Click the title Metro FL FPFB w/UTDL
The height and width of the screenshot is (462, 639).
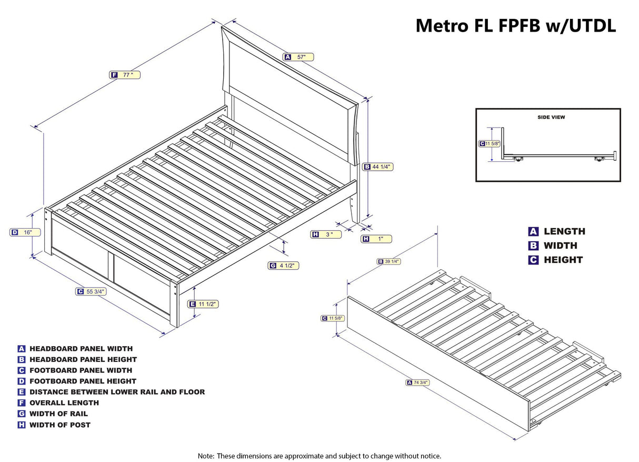pyautogui.click(x=515, y=25)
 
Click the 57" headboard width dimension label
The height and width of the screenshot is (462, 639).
pyautogui.click(x=298, y=57)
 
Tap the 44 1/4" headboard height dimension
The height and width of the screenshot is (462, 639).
pyautogui.click(x=378, y=167)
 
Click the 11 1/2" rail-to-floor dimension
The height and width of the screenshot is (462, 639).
pyautogui.click(x=203, y=304)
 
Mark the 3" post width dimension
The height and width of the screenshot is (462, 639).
pyautogui.click(x=326, y=234)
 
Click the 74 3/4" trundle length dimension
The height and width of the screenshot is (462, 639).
pyautogui.click(x=418, y=382)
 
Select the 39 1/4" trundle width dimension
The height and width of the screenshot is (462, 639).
pyautogui.click(x=388, y=261)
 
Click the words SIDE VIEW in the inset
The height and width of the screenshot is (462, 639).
pyautogui.click(x=551, y=117)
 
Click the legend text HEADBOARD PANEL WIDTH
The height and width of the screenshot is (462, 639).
pyautogui.click(x=81, y=349)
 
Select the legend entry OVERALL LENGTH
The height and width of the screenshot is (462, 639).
pyautogui.click(x=64, y=403)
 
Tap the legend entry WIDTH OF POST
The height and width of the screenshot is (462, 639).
pyautogui.click(x=60, y=425)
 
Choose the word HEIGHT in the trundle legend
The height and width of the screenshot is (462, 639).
pyautogui.click(x=563, y=260)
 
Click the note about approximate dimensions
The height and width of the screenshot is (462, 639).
pyautogui.click(x=319, y=456)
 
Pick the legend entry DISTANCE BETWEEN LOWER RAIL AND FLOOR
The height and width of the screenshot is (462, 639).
pyautogui.click(x=117, y=392)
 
